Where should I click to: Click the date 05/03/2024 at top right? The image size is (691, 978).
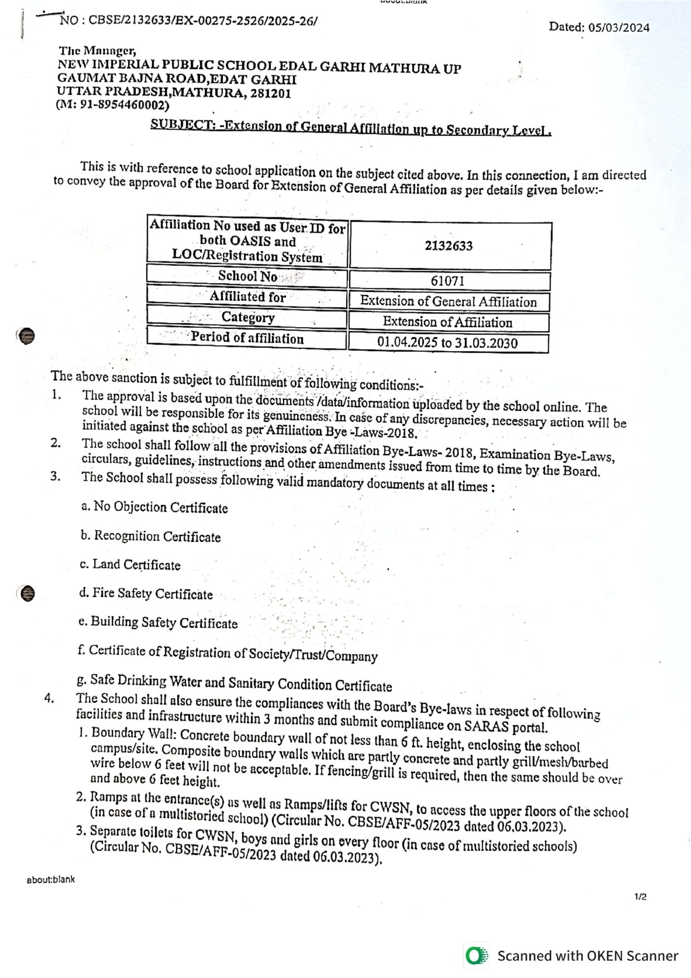point(619,27)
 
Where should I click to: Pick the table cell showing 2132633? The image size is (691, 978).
point(449,245)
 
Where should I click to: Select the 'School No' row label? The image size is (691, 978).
point(247,276)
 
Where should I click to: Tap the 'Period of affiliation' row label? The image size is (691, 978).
point(247,338)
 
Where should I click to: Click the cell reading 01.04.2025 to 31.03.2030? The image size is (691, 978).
point(447,342)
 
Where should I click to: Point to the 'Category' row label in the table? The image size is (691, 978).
point(248,317)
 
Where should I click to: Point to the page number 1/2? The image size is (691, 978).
point(640,897)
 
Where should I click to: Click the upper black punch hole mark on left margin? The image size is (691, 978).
point(26,336)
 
